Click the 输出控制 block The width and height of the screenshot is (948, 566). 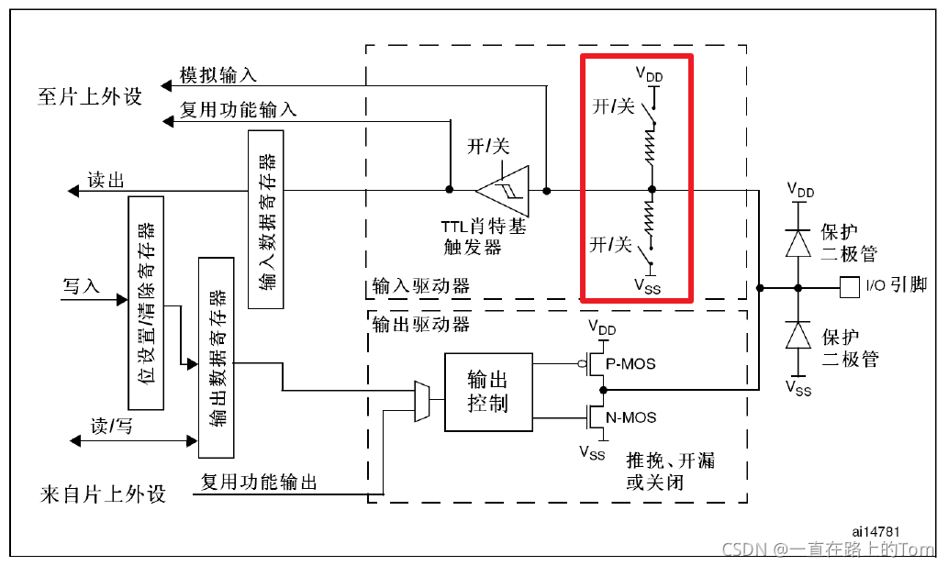click(x=487, y=392)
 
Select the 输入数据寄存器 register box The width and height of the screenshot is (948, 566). click(x=266, y=218)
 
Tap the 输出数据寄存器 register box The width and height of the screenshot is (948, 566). click(x=217, y=357)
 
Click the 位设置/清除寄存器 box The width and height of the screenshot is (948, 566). click(x=147, y=303)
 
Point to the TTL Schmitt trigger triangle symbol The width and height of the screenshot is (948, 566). click(x=503, y=191)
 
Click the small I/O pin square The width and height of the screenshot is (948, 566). click(x=849, y=287)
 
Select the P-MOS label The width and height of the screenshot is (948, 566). click(x=631, y=363)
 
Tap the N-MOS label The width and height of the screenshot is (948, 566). click(x=631, y=417)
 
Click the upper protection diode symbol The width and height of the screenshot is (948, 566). click(x=797, y=241)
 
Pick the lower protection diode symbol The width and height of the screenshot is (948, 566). click(x=797, y=336)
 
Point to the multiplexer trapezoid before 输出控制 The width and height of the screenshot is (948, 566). click(x=422, y=401)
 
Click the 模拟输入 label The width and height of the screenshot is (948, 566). click(x=217, y=75)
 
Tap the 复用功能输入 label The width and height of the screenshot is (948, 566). click(x=238, y=109)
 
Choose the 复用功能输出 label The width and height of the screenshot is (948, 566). click(x=259, y=482)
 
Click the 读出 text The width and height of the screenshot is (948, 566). click(x=106, y=180)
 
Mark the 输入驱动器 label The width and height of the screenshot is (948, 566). click(x=421, y=286)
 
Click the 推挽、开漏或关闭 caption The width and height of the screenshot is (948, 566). click(x=670, y=471)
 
